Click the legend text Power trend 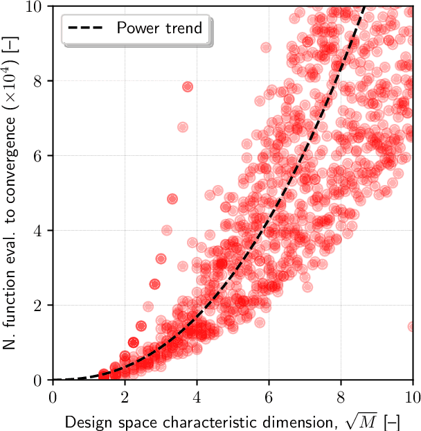159,28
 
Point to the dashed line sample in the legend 89,28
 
